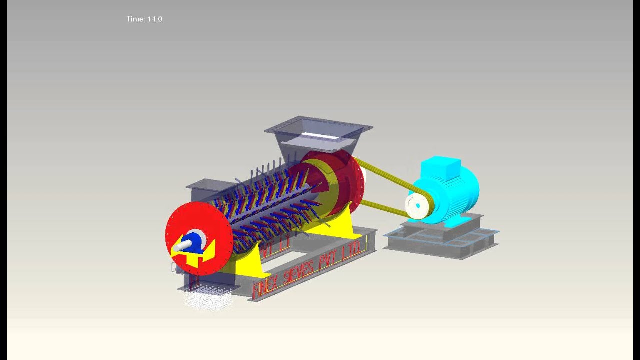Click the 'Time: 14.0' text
[x=144, y=19]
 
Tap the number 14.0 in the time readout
[x=154, y=19]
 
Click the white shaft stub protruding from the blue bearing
[x=182, y=245]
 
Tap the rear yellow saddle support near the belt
[x=345, y=227]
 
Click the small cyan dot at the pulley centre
[x=413, y=204]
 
